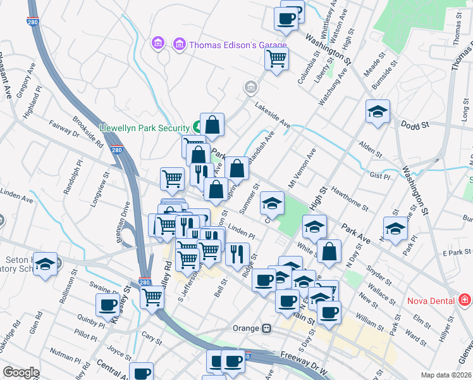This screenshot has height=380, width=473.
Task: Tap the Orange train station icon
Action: tap(267, 328)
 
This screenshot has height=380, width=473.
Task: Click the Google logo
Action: tap(21, 372)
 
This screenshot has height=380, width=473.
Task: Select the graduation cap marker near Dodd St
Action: tap(378, 113)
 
